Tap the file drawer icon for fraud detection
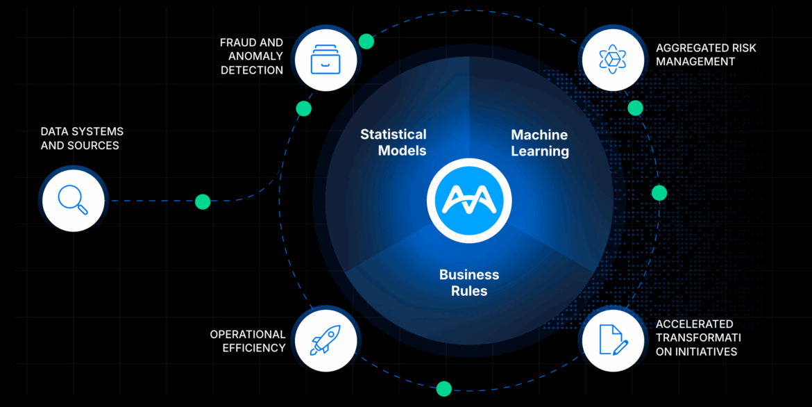325,59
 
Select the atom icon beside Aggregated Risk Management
613,59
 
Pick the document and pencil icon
613,340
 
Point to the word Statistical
393,134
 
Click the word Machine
539,135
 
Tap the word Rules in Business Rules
469,291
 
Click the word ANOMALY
252,56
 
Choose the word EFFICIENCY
254,348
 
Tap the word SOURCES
96,146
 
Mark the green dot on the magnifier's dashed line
203,201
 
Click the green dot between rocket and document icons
444,389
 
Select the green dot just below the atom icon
635,108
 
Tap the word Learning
540,151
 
